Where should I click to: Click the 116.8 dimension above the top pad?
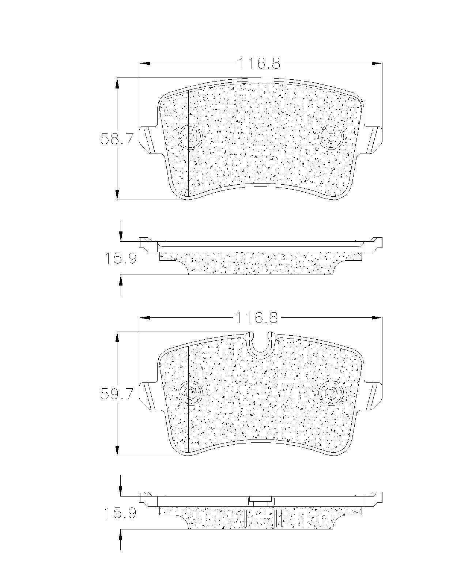(x=259, y=63)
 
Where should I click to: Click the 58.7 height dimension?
(x=117, y=139)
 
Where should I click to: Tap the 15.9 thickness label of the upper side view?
(x=121, y=258)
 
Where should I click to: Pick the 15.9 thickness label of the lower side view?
(x=121, y=513)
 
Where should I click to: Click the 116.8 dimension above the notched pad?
(x=257, y=317)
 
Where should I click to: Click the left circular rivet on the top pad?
(x=190, y=137)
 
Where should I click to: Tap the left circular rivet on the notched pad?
(x=190, y=393)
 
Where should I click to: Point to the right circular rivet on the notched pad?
(x=331, y=393)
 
